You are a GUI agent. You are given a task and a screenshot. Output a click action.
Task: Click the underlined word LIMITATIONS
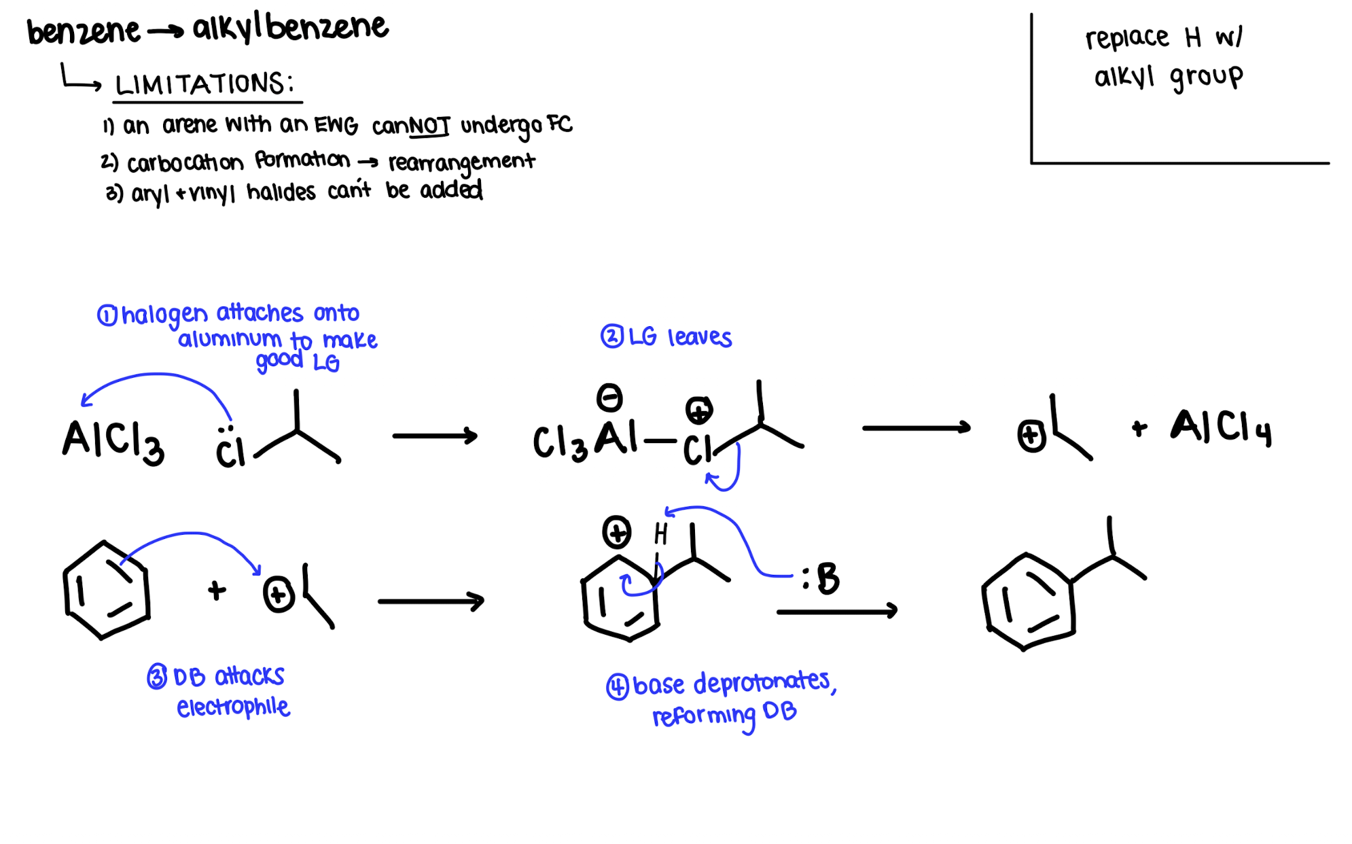pos(204,84)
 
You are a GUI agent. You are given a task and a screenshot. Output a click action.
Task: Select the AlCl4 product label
pos(1220,427)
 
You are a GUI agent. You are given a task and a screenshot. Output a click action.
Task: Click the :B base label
pos(821,578)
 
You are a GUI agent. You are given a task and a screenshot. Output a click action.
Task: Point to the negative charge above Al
pos(609,398)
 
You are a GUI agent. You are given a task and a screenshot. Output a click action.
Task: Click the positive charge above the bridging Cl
pos(698,410)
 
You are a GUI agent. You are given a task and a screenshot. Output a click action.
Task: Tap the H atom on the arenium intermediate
pos(660,534)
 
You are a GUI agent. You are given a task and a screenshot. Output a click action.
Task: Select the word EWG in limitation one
pos(336,125)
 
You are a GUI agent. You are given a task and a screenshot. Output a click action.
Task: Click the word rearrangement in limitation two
pos(461,163)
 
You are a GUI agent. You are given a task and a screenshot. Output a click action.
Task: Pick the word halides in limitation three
pos(281,193)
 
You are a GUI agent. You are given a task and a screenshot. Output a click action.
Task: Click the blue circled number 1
pos(107,315)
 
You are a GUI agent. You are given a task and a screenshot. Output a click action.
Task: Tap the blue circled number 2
pos(611,336)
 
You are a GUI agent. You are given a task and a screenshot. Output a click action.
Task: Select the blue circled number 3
pos(157,677)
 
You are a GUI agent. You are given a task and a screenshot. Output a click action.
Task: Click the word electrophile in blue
pos(233,707)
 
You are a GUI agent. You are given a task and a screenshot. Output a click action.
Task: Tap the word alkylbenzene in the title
pos(290,29)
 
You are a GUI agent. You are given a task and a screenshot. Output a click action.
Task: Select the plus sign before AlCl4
pos(1139,428)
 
